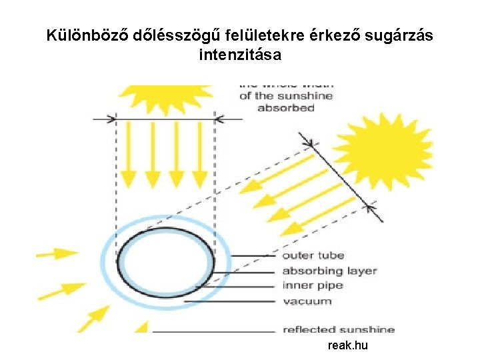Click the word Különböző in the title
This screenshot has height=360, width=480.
[86, 36]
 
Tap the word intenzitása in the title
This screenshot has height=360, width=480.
[240, 55]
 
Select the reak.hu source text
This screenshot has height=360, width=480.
[348, 345]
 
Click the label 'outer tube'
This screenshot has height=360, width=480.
[313, 255]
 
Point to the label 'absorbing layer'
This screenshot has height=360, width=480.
[329, 271]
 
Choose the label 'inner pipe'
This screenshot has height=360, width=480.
[313, 285]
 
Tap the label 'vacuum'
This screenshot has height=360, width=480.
[307, 301]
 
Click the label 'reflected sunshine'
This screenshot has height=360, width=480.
[339, 329]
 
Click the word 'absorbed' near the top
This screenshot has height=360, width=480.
[286, 109]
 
